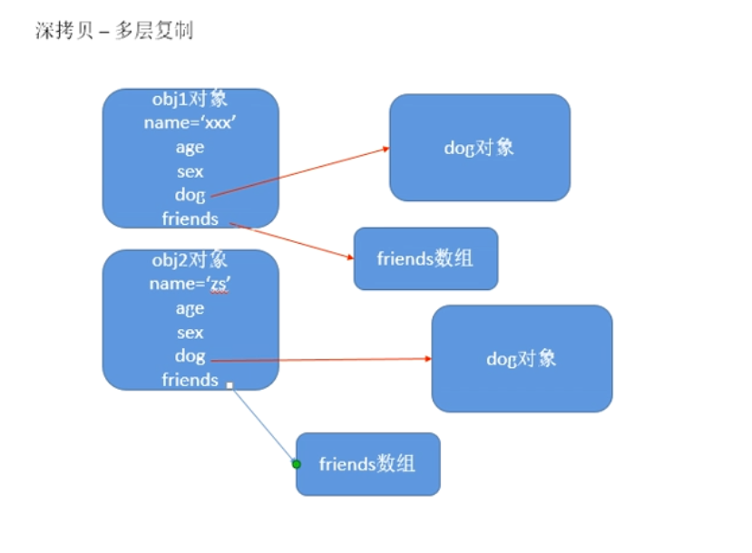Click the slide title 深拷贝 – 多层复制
coord(114,32)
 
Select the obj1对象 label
coord(190,99)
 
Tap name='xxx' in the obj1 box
coord(190,123)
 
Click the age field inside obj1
coord(190,148)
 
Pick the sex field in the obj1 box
coord(190,171)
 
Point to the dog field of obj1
coord(190,195)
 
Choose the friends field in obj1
coord(190,218)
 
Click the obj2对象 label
coord(190,260)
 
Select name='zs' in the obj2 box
coord(190,285)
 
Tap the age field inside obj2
coord(190,309)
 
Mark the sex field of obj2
coord(190,333)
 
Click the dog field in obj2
coord(190,356)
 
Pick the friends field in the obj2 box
coord(190,380)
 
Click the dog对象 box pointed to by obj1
coord(480,147)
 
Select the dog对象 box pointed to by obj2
coord(522,358)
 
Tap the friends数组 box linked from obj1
coord(425,258)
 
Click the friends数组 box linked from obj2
coord(367,464)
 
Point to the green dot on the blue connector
coord(296,464)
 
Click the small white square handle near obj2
coord(230,385)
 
